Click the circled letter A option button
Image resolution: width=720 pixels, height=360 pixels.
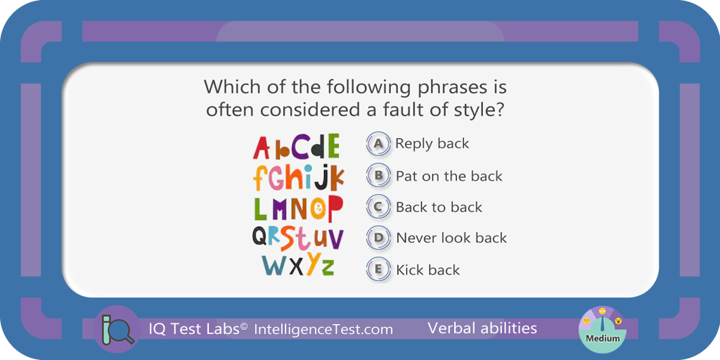coord(378,143)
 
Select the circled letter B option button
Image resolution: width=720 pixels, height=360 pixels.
coord(378,175)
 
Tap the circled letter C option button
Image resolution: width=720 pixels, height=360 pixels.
coord(378,207)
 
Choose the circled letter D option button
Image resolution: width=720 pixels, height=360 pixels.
coord(378,238)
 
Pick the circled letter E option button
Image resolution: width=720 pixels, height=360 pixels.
coord(378,269)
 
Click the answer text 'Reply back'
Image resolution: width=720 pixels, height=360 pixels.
coord(432,143)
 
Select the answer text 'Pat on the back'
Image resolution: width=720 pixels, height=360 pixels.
coord(449,176)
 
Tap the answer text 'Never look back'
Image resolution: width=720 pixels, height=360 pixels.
coord(451,238)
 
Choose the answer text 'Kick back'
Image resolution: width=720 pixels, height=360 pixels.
coord(428,269)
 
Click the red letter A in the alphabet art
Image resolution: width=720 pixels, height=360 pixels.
coord(262,148)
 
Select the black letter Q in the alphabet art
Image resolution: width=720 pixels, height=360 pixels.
coord(260,237)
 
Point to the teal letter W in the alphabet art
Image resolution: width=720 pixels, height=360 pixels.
coord(274,265)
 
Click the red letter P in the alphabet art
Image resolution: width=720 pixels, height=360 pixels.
coord(335,208)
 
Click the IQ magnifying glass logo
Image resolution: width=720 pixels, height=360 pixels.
coord(117,329)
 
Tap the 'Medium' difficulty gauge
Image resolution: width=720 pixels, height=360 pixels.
coord(602,329)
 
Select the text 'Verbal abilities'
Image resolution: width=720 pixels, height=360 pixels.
coord(482,328)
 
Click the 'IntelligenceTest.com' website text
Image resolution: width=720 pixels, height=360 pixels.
coord(323,329)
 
